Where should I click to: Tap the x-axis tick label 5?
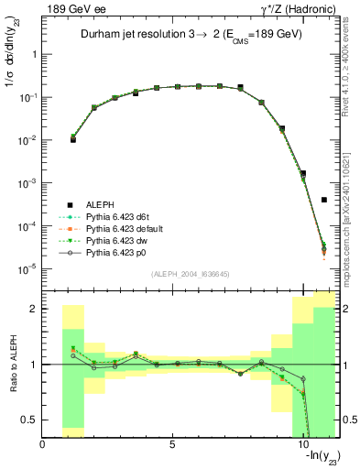(x=172, y=445)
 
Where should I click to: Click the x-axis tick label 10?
(x=303, y=445)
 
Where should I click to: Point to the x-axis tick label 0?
(x=43, y=445)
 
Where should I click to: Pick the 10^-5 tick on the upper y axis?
(x=25, y=268)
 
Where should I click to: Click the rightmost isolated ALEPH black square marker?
(x=324, y=200)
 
